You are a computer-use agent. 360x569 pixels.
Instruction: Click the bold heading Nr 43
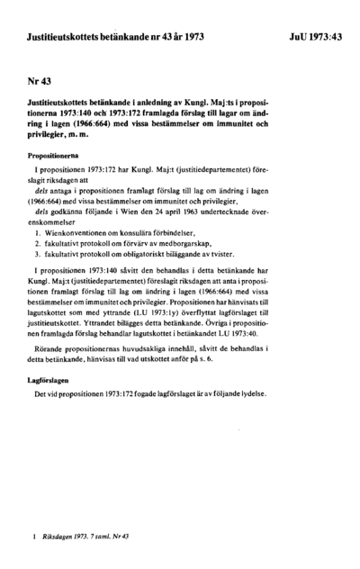click(40, 80)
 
